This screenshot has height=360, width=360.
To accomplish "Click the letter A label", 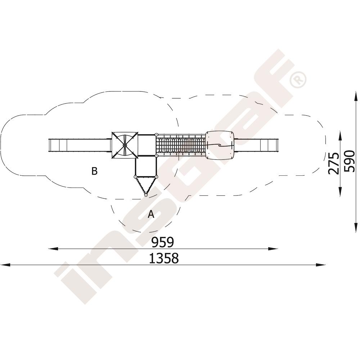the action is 151,214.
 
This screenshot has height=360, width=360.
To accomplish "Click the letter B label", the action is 94,171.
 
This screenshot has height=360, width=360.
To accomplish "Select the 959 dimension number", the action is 163,242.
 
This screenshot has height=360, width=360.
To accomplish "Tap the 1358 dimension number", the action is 164,258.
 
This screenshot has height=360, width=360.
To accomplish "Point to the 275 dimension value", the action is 334,163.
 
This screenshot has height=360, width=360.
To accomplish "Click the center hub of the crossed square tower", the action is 125,145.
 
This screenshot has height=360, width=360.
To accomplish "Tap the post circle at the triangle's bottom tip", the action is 146,195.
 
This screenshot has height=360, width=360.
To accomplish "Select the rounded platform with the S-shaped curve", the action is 220,145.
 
